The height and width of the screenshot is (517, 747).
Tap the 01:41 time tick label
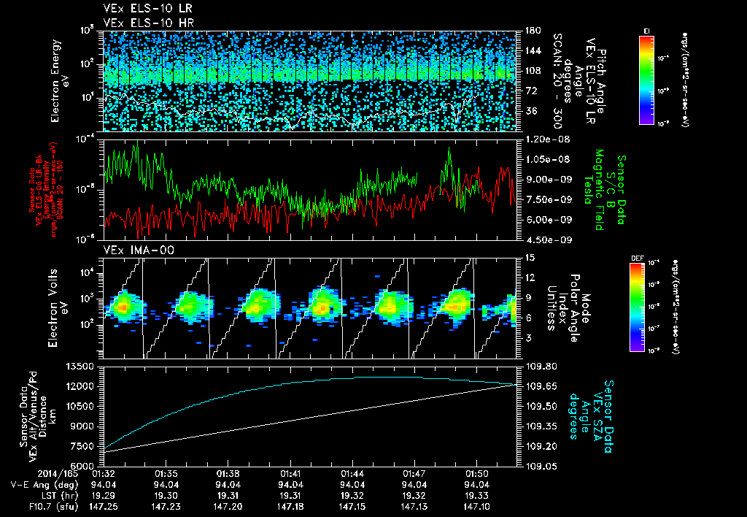(x=291, y=473)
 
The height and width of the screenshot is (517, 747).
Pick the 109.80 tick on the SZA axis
(x=539, y=366)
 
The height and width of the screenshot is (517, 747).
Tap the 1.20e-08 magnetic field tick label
(x=545, y=139)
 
